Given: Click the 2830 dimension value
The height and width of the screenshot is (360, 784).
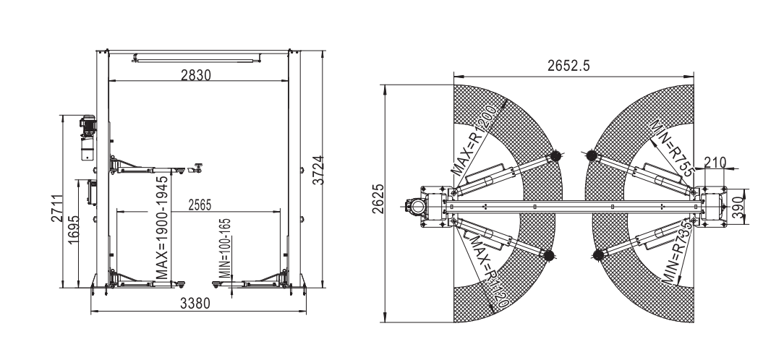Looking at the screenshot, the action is click(196, 75).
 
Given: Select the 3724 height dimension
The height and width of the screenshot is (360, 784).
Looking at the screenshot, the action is click(318, 171).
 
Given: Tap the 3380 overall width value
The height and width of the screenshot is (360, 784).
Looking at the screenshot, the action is click(195, 304).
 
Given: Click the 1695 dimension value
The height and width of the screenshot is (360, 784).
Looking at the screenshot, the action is click(74, 230).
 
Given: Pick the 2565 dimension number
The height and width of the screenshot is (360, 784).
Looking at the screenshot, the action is click(200, 205).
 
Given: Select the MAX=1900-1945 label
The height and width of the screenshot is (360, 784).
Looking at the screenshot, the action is click(161, 228).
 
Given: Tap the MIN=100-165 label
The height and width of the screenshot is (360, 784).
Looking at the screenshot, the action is click(226, 247).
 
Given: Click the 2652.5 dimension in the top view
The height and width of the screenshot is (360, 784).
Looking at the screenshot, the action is click(568, 66).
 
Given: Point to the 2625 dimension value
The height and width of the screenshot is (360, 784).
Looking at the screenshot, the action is click(378, 199).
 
